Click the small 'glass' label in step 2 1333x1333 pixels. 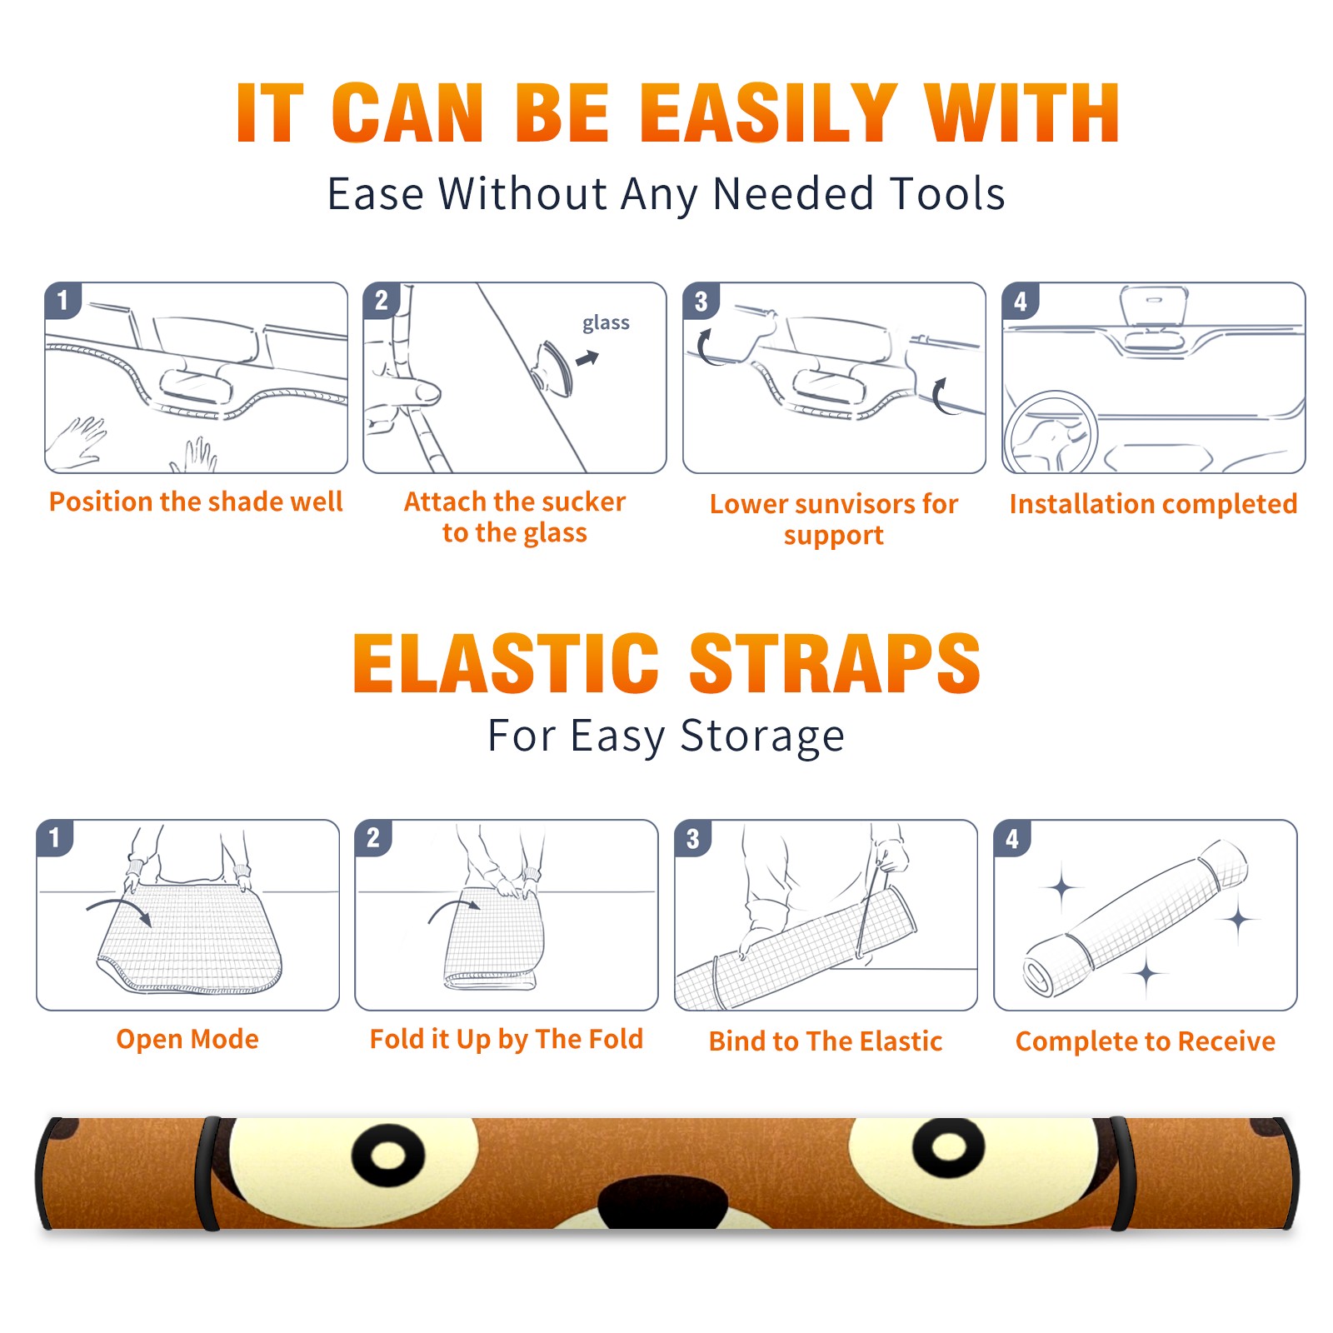click(606, 323)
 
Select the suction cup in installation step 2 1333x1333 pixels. click(553, 367)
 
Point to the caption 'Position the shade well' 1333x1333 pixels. click(196, 502)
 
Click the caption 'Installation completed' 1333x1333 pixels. click(1153, 504)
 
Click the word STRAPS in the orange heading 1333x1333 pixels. click(835, 663)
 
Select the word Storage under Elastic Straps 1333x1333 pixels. click(762, 736)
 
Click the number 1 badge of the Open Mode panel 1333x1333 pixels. click(55, 837)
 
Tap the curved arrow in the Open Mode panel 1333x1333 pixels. click(119, 909)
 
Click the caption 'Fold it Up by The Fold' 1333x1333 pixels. click(507, 1039)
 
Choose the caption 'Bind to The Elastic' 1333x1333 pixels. click(826, 1041)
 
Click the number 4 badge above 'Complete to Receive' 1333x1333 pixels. click(1012, 837)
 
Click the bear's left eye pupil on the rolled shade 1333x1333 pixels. click(388, 1156)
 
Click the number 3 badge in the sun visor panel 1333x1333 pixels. click(701, 301)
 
